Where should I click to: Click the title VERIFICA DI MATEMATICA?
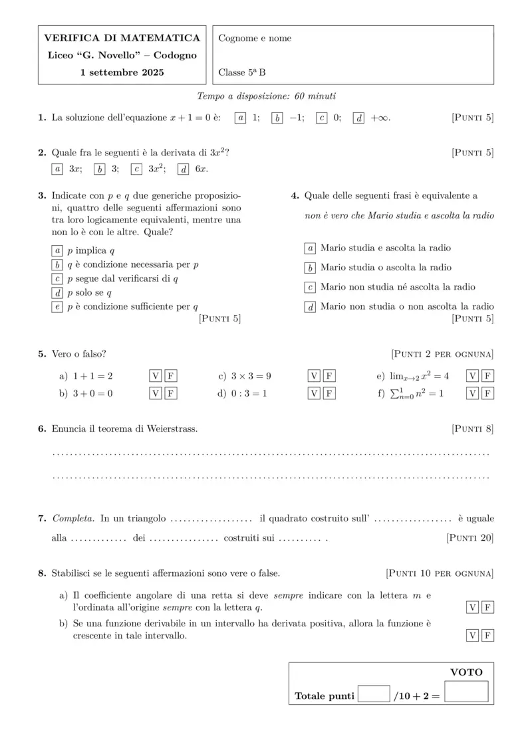122,38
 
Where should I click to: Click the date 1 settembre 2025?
122,72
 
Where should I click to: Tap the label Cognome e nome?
255,39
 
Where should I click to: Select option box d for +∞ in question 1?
358,118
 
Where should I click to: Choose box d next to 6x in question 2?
184,169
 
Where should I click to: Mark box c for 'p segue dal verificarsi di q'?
57,279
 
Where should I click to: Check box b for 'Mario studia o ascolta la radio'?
310,268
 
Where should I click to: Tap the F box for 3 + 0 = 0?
170,393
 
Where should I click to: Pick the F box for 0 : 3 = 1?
329,393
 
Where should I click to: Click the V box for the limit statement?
473,376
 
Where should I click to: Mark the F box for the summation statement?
488,393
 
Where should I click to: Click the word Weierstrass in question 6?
172,429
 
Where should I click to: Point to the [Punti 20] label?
470,538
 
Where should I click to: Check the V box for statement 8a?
473,607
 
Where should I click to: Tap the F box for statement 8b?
488,636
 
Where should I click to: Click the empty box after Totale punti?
374,694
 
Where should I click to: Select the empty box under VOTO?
466,692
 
